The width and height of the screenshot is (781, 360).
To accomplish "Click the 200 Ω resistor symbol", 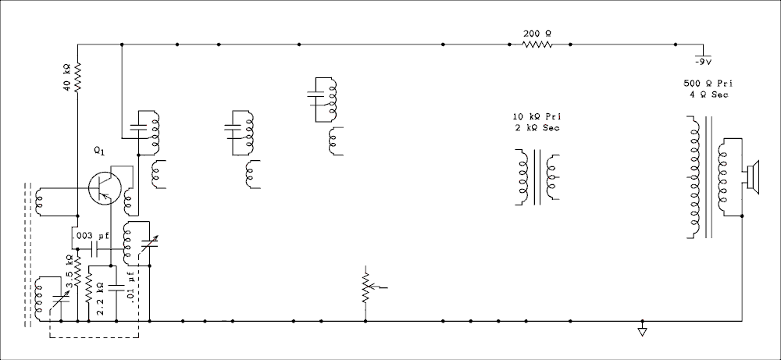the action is pyautogui.click(x=537, y=45).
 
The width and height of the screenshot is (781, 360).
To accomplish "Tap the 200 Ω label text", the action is pyautogui.click(x=537, y=34).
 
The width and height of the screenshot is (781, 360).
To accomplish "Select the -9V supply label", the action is pyautogui.click(x=703, y=62).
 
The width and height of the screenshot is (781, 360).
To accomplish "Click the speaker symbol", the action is pyautogui.click(x=753, y=177).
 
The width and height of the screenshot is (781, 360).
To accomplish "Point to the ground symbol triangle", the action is pyautogui.click(x=642, y=332).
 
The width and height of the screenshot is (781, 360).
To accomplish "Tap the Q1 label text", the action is pyautogui.click(x=100, y=151).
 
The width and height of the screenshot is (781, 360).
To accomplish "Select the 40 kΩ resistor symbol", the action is pyautogui.click(x=77, y=77).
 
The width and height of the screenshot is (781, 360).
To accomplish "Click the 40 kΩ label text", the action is pyautogui.click(x=66, y=77).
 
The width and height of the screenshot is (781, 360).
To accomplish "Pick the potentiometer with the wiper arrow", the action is pyautogui.click(x=369, y=287).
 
